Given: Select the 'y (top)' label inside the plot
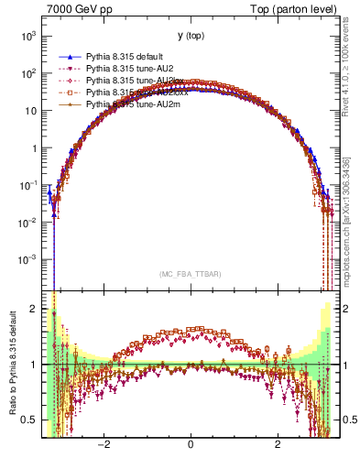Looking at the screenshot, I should (190, 36).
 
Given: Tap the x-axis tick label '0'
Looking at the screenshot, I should (190, 444).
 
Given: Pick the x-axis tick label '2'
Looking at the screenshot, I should (278, 444).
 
